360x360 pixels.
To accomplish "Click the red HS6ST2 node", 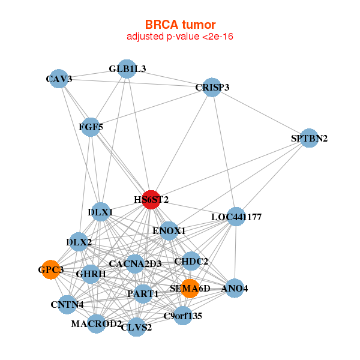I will click(x=151, y=199).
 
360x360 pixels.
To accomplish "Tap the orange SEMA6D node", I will click(x=190, y=288).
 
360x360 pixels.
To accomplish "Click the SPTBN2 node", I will click(x=308, y=138).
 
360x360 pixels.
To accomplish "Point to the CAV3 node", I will click(x=58, y=79).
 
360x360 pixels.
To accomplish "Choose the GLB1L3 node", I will click(x=127, y=68).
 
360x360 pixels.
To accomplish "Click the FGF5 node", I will click(x=90, y=127).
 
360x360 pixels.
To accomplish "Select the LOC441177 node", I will click(x=236, y=217).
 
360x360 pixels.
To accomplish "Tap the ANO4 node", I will click(x=235, y=289).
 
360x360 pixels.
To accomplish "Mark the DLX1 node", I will click(x=100, y=212).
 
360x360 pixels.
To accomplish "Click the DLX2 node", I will click(x=79, y=242).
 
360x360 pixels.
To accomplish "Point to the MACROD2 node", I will click(x=96, y=324).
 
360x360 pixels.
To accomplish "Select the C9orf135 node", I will click(x=183, y=316).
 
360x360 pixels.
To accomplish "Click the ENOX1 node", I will click(x=169, y=230).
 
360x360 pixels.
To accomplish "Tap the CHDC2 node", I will click(x=191, y=261).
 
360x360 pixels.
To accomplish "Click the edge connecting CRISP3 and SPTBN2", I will click(x=260, y=113).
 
